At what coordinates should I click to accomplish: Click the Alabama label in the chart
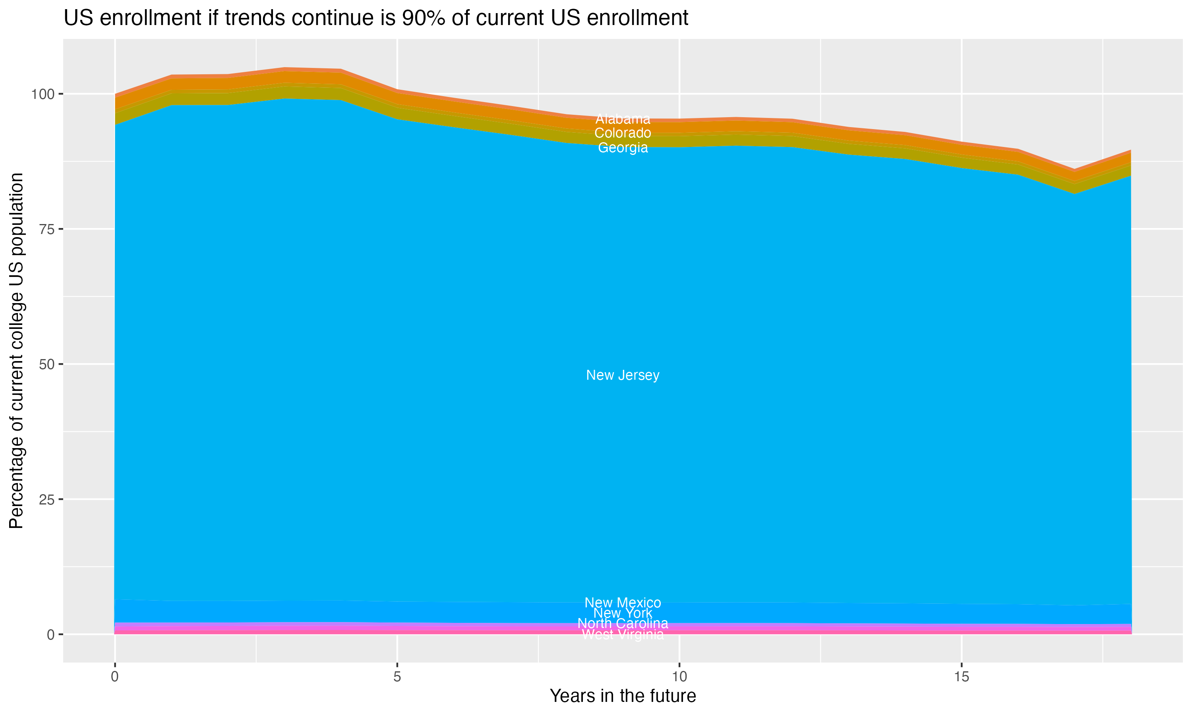[623, 119]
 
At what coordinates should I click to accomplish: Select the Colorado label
[623, 133]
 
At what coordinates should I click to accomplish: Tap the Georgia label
[623, 148]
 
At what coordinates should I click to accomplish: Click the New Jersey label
[623, 375]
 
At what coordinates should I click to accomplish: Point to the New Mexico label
[623, 603]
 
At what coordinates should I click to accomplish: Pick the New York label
[623, 613]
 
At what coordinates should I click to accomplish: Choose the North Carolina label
[623, 624]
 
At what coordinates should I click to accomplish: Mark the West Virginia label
[623, 634]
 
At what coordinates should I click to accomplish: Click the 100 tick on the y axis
[44, 94]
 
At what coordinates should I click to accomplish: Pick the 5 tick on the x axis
[397, 677]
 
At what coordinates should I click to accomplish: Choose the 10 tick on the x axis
[679, 677]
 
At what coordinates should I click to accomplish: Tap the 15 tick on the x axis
[961, 677]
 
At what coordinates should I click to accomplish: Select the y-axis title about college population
[16, 350]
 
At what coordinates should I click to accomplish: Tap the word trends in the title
[256, 18]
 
